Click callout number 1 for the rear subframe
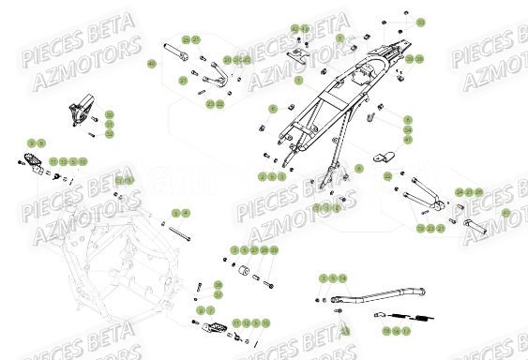(297, 82)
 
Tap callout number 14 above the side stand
(343, 278)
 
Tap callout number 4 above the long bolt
(186, 214)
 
